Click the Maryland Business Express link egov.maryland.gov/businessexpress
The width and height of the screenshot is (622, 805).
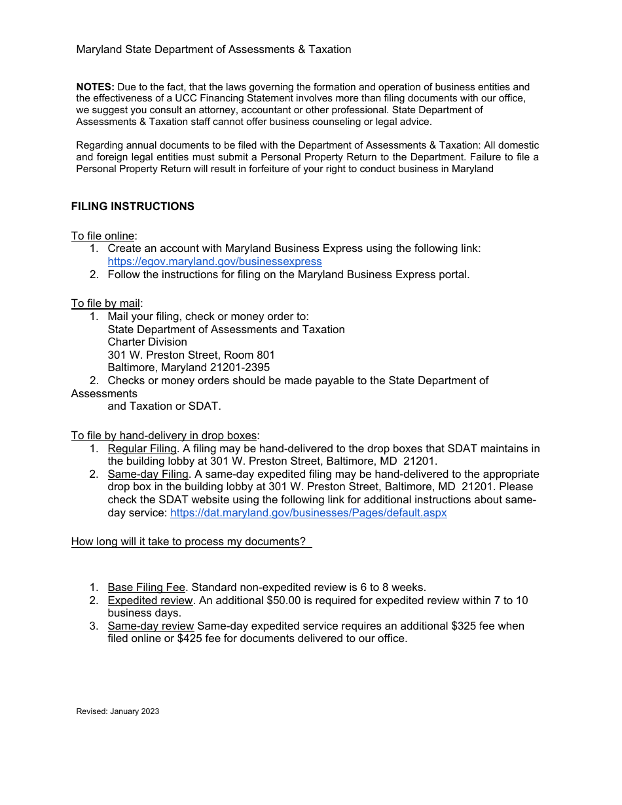point(215,261)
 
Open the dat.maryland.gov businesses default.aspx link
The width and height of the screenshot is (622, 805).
point(308,512)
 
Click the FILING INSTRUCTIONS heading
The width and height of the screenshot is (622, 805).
point(133,206)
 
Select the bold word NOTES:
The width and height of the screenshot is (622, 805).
point(96,87)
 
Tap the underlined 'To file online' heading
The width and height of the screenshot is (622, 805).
point(103,236)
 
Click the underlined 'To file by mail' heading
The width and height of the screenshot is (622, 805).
point(105,303)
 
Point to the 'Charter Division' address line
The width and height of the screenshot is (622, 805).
point(147,342)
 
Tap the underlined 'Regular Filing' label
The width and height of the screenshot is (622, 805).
point(142,448)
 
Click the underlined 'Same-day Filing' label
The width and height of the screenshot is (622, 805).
point(148,474)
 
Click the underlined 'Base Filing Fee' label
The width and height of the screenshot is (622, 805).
point(147,587)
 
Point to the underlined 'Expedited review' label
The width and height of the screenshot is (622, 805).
point(151,600)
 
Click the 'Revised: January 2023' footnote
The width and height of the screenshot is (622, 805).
point(118,711)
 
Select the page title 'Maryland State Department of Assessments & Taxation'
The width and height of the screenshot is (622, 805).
point(213,49)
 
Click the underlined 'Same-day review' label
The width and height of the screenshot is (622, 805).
point(151,626)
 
